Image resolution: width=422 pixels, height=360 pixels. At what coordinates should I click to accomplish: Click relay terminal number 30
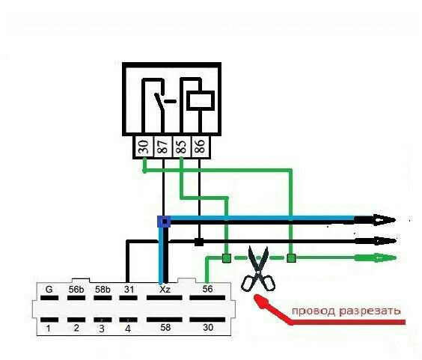[144, 147]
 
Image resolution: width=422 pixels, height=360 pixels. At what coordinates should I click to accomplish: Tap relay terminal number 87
[163, 147]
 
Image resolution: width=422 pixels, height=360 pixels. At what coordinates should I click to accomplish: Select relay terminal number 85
[182, 147]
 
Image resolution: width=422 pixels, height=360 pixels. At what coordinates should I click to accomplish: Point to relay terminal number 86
[201, 147]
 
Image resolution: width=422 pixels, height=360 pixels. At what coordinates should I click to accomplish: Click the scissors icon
[258, 269]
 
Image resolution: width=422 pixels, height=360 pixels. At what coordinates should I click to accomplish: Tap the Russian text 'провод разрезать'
[346, 311]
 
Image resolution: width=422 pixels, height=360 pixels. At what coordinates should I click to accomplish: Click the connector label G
[49, 289]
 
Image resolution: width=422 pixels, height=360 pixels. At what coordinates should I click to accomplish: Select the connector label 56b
[76, 290]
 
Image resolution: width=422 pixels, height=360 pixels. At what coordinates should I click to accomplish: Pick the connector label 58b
[103, 290]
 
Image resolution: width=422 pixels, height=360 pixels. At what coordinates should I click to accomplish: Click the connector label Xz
[165, 290]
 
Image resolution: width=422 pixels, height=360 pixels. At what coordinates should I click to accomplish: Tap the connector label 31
[129, 290]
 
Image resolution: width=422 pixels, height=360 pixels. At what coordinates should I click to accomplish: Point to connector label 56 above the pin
[207, 289]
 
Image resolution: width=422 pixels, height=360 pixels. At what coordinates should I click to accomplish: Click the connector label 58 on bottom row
[165, 327]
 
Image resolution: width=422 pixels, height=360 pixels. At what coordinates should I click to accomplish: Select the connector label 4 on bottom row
[128, 329]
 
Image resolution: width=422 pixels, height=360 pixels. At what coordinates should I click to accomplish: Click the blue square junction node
[164, 222]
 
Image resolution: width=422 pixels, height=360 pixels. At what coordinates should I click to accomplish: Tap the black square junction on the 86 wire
[199, 242]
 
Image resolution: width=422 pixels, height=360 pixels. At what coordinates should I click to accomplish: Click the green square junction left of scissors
[227, 258]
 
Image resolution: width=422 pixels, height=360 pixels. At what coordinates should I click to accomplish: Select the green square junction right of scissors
[291, 258]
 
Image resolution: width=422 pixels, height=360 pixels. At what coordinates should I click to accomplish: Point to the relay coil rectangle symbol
[201, 101]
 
